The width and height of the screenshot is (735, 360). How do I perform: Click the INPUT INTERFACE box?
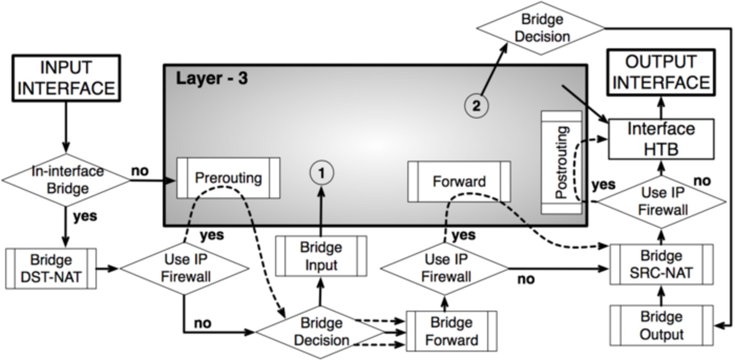[66, 78]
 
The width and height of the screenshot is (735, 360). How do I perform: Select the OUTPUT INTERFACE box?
[661, 72]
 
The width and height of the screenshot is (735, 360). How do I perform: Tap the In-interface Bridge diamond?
[66, 180]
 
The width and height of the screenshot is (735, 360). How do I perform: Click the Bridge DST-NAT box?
[51, 269]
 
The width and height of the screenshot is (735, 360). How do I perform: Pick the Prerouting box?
[228, 178]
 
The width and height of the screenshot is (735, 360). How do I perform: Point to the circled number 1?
[322, 173]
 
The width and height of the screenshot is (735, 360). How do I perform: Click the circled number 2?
[476, 105]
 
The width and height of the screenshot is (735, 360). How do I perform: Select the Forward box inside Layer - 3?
[459, 181]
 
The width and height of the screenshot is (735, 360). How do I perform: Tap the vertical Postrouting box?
[562, 163]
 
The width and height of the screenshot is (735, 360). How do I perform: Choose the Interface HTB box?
[661, 140]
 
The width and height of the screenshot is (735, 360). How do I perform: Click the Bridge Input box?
[321, 256]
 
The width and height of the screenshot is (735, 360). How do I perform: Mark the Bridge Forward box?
[452, 331]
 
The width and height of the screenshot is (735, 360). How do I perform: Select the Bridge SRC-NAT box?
[661, 264]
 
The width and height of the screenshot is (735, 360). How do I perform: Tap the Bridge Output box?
[661, 326]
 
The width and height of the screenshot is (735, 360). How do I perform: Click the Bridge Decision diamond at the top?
[540, 28]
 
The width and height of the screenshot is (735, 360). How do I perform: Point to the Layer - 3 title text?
[212, 78]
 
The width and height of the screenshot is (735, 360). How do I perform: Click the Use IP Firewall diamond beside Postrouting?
[661, 201]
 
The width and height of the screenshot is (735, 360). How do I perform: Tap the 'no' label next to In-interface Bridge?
[140, 171]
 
